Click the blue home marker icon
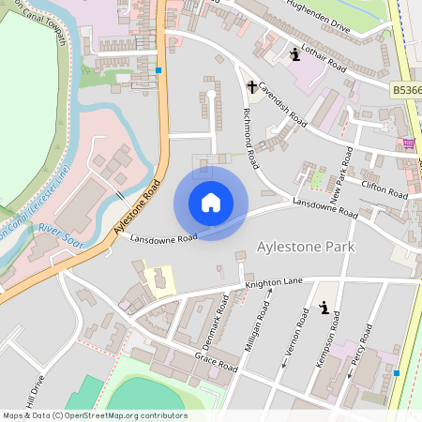point(211,203)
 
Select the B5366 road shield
point(406,90)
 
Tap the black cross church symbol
point(251,87)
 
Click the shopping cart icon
point(409,143)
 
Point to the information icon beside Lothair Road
point(295,53)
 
